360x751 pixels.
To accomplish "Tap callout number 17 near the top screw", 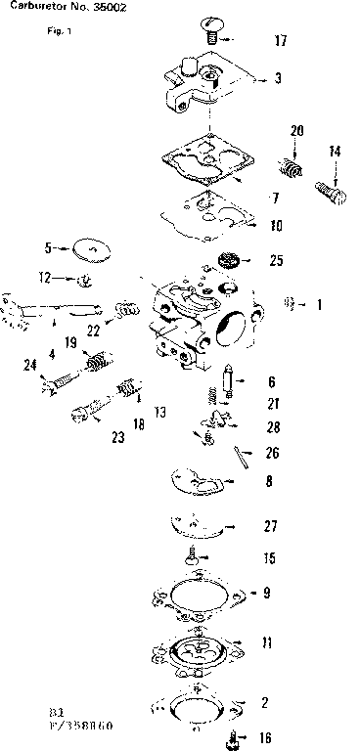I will point(281,41).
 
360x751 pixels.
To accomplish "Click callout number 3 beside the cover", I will point(279,78).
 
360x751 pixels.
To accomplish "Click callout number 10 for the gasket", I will point(277,225).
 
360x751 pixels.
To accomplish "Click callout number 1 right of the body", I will point(319,305).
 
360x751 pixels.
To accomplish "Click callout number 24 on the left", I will point(29,365).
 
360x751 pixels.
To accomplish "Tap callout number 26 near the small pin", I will point(273,453).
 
